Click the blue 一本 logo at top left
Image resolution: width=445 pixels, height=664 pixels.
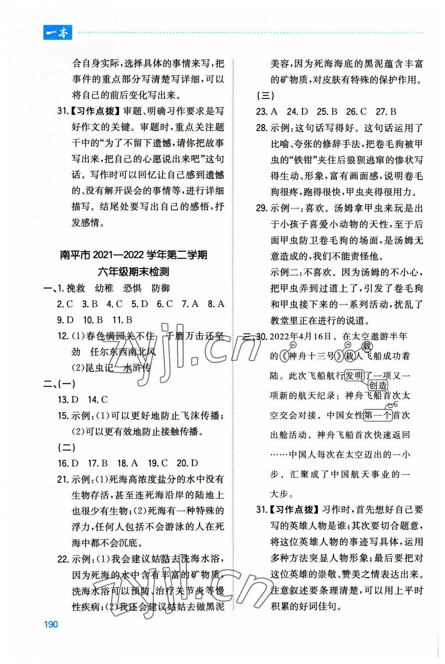coord(57,33)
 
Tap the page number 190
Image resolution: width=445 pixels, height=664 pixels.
coord(51,624)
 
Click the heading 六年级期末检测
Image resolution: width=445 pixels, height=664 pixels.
coord(133,272)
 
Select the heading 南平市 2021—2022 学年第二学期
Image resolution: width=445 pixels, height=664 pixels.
coord(133,255)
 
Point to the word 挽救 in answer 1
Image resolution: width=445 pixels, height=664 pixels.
coord(76,288)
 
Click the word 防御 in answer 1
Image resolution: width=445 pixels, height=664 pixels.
coord(160,288)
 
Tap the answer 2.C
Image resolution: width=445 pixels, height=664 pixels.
coord(65,304)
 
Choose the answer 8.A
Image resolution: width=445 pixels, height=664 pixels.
coord(216,304)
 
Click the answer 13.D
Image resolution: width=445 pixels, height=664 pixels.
coord(68,400)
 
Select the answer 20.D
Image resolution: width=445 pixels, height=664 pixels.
coord(187,463)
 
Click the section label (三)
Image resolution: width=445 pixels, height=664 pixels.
coord(265,96)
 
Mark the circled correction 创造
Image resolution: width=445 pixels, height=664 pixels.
coord(378,385)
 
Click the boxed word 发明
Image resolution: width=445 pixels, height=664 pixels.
coord(354,376)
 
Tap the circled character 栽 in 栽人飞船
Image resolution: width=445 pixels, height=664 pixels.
coord(350,356)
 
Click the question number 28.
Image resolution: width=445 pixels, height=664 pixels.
coord(262,128)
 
